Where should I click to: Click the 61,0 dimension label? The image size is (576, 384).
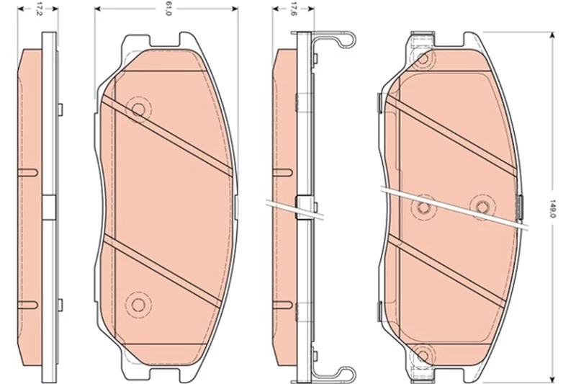168,9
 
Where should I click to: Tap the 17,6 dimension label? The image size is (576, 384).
293,9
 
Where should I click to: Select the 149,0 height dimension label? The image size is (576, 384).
551,208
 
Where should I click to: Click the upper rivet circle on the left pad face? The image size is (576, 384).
138,109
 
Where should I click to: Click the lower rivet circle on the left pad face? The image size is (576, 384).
138,304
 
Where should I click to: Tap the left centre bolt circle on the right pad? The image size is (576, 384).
423,207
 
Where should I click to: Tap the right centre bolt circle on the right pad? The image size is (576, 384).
482,207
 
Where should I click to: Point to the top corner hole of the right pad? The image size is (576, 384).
423,58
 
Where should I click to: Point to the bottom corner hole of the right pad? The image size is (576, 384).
423,356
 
